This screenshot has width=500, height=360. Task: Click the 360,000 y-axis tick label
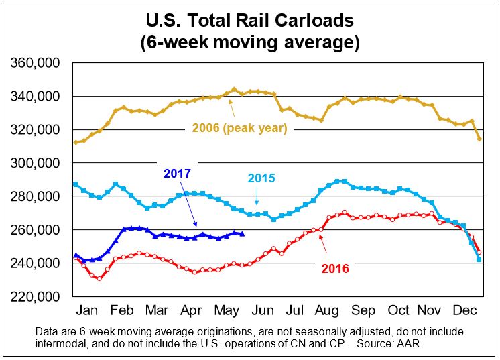click(x=33, y=63)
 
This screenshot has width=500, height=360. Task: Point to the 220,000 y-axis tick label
click(x=33, y=296)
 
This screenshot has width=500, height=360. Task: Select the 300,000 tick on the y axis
click(x=33, y=163)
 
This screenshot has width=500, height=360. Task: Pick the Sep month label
click(x=363, y=312)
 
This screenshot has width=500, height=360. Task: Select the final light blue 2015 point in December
click(x=479, y=259)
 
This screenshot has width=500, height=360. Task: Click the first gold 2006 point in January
click(x=76, y=142)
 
